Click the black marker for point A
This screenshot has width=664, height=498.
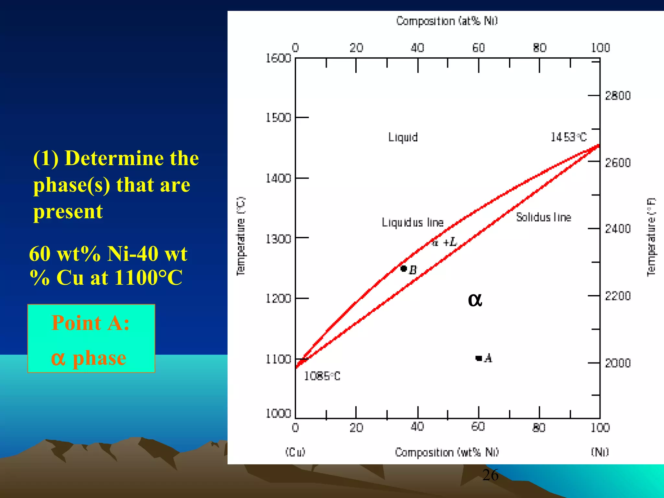pos(479,358)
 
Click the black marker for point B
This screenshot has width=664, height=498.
pos(404,268)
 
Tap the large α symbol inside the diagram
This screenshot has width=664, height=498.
pos(475,300)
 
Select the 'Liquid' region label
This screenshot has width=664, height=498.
pos(403,137)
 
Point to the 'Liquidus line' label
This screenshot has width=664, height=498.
pos(412,222)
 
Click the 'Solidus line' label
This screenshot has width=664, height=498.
pos(543,217)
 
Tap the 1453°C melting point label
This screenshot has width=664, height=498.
pos(569,137)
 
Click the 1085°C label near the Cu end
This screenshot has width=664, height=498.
pos(322,376)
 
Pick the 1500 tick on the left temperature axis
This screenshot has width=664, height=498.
pos(278,118)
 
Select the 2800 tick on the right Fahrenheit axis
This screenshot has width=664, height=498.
pos(618,96)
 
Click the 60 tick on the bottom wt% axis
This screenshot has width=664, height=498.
pos(478,427)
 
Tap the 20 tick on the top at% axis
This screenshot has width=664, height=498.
pos(356,48)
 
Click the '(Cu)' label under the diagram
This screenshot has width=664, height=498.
pos(295,452)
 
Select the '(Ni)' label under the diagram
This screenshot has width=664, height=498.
pos(600,452)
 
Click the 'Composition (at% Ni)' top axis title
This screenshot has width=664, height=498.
pos(447,21)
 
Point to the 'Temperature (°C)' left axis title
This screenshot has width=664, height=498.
pos(241,236)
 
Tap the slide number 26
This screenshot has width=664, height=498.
pos(490,475)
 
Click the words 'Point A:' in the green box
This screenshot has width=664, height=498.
pos(90,323)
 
